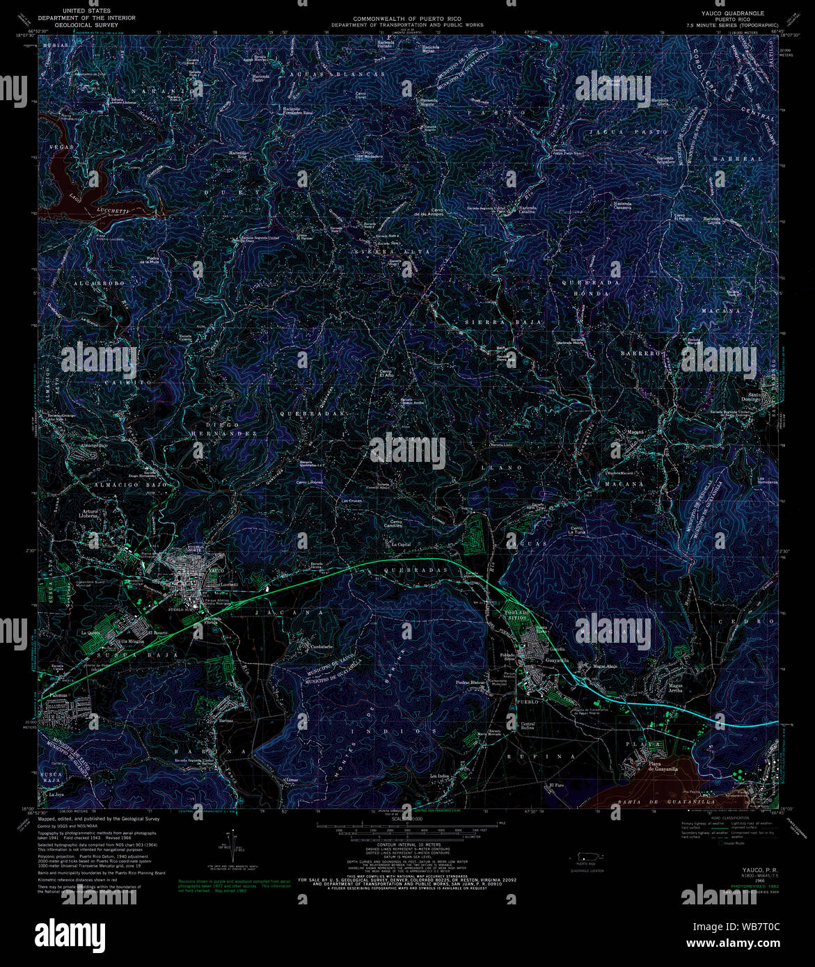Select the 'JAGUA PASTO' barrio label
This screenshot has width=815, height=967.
click(x=628, y=131)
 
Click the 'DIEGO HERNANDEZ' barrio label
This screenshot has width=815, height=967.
click(x=223, y=429)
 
